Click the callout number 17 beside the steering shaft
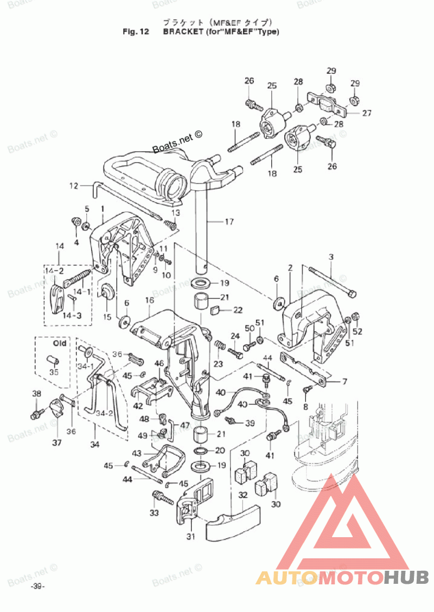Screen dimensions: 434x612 pyautogui.click(x=229, y=221)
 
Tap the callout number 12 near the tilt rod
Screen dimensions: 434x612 pyautogui.click(x=73, y=186)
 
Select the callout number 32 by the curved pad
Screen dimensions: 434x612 pyautogui.click(x=242, y=494)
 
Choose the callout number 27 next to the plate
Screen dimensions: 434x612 pyautogui.click(x=367, y=114)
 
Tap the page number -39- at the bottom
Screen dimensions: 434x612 pyautogui.click(x=37, y=587)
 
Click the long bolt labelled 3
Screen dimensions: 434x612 pyautogui.click(x=331, y=280)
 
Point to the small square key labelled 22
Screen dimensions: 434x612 pyautogui.click(x=214, y=311)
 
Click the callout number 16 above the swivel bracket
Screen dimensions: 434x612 pyautogui.click(x=150, y=300)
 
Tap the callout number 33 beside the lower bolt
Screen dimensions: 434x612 pyautogui.click(x=155, y=512)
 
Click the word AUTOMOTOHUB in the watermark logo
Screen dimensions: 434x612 pyautogui.click(x=342, y=577)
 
